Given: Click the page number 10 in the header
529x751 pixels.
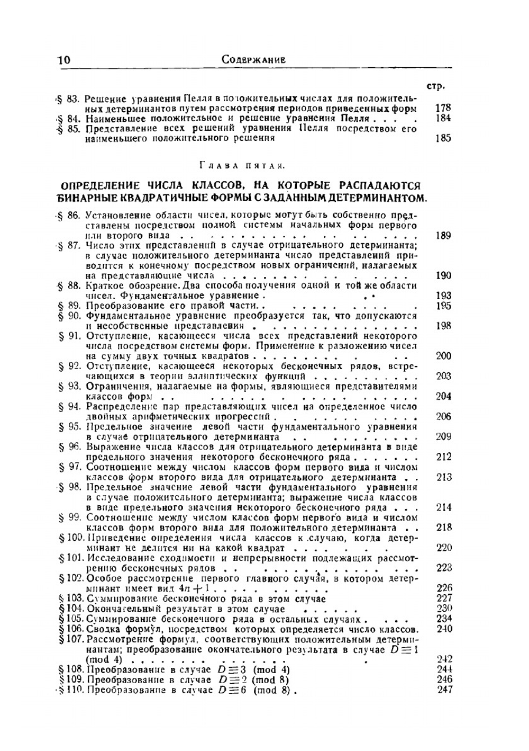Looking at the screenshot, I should [63, 60].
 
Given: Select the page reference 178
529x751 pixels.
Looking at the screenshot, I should [442, 108].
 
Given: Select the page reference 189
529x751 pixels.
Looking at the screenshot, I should [443, 235].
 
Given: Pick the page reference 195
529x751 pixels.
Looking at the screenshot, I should [443, 306].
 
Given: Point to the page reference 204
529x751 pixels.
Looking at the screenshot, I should [443, 396].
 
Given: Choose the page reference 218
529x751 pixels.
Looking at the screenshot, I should [443, 528].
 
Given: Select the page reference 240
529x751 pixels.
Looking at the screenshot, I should [444, 629].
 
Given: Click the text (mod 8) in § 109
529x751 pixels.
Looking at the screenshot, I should [270, 680].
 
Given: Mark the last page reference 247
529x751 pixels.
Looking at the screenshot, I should [445, 690].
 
